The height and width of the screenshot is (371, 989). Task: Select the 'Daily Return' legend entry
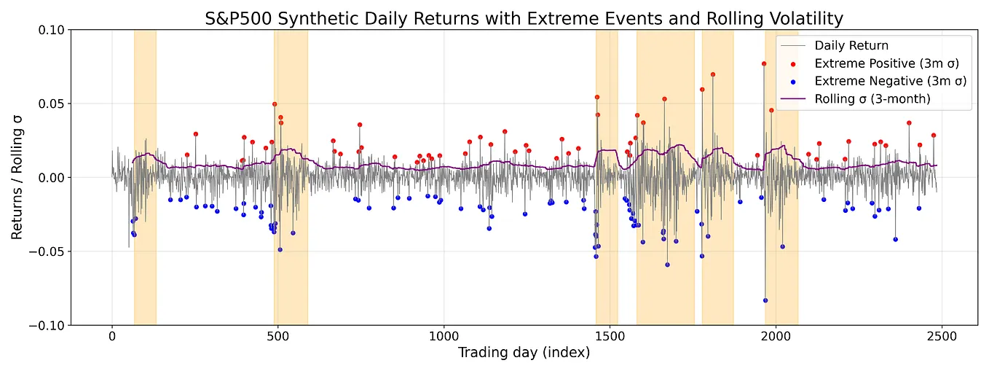tap(851, 46)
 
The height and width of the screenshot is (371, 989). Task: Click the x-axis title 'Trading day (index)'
tap(524, 354)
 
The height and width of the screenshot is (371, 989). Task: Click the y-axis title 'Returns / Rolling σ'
tap(17, 178)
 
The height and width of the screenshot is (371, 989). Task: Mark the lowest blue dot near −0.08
tap(765, 300)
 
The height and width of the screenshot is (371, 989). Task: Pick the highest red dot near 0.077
tap(764, 64)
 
